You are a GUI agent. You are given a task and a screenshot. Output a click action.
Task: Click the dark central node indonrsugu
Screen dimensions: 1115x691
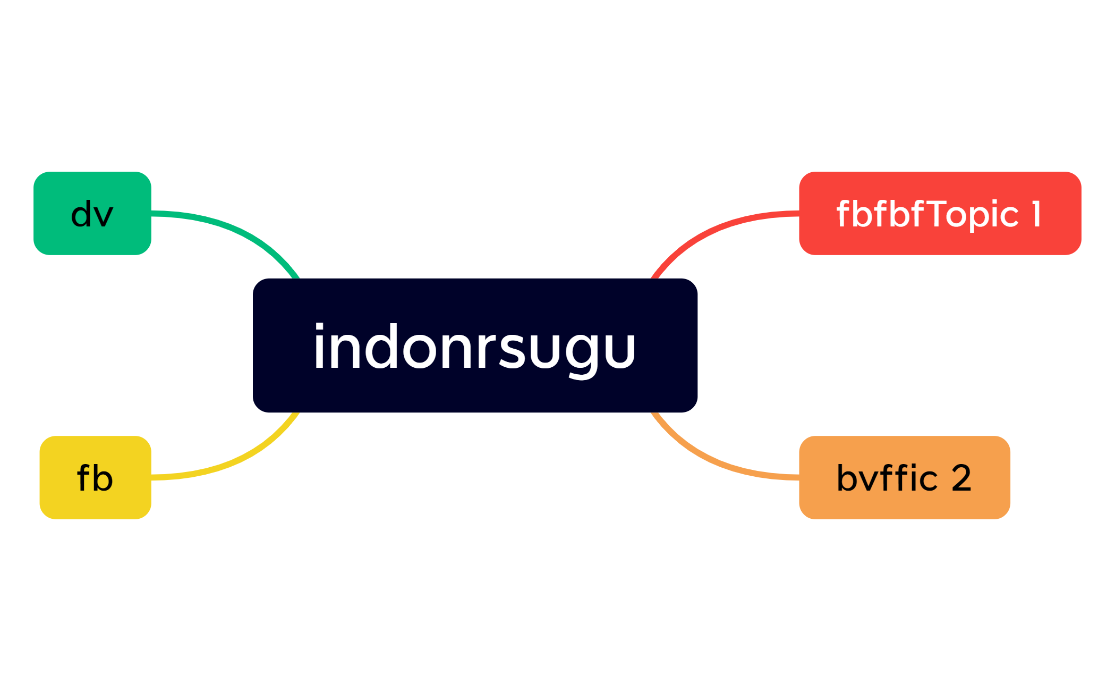point(475,345)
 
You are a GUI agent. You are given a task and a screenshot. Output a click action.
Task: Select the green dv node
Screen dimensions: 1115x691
point(92,213)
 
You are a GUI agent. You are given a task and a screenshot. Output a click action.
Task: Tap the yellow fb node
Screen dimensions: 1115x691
point(96,477)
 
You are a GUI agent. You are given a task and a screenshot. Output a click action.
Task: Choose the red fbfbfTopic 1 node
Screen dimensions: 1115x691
point(940,213)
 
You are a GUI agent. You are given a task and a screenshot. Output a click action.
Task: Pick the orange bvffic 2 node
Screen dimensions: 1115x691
point(905,477)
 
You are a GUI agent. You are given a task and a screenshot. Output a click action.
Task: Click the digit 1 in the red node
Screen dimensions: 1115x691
point(1036,214)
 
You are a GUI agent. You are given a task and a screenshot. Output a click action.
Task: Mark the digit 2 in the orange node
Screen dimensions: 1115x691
point(961,478)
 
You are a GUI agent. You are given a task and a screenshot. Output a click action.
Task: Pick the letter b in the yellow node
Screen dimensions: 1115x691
point(103,477)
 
